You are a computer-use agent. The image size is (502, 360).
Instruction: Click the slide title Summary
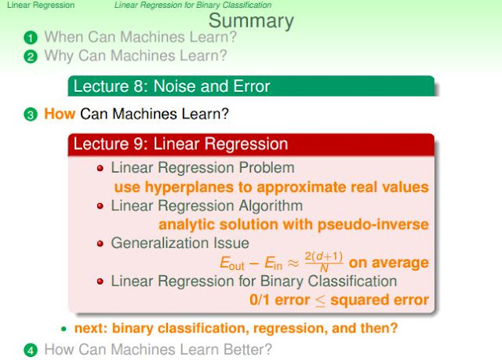pos(251,21)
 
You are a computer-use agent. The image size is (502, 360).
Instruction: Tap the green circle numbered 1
pos(31,38)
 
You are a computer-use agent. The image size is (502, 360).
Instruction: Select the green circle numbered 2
pos(31,56)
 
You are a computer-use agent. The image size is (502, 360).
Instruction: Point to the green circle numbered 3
pos(31,115)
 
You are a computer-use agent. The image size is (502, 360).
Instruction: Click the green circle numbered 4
pos(31,350)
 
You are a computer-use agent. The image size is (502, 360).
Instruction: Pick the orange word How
pos(60,114)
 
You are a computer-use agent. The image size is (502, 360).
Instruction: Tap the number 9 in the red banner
pos(138,144)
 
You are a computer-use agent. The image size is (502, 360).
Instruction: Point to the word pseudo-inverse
pos(373,225)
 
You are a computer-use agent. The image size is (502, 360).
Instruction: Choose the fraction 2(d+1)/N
pos(324,261)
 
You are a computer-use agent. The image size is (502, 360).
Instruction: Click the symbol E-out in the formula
pos(232,264)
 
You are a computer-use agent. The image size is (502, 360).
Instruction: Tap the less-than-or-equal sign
pos(320,301)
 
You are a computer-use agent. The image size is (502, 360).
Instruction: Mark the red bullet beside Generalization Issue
pos(100,244)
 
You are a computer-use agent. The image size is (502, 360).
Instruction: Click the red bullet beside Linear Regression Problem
pos(100,169)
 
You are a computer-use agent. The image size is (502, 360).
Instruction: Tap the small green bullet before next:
pos(64,329)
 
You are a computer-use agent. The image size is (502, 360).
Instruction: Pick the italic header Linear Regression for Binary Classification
pos(193,5)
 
